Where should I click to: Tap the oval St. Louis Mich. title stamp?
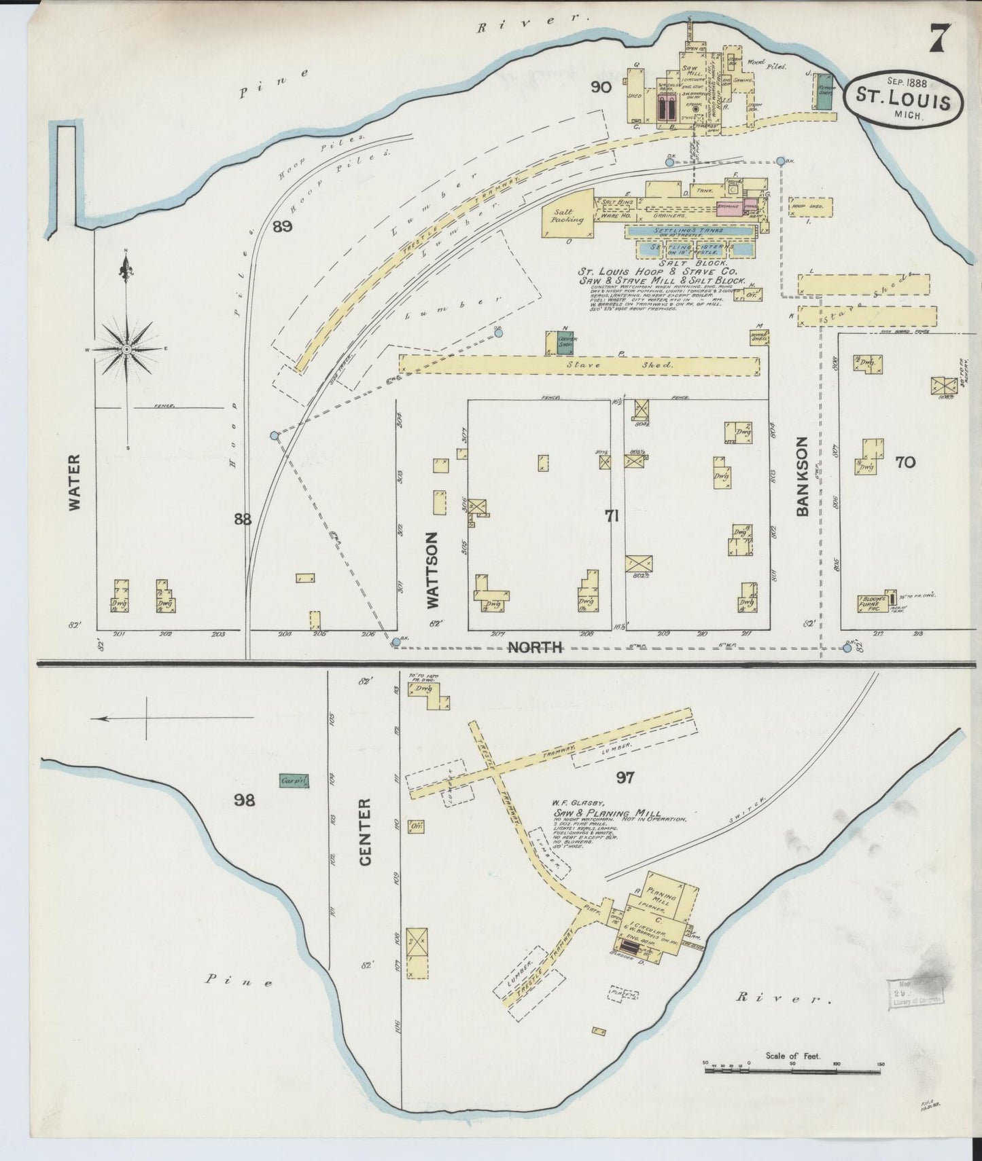(903, 97)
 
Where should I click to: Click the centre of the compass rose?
(126, 349)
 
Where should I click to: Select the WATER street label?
(73, 483)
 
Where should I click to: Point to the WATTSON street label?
(432, 570)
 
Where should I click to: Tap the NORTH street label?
(536, 647)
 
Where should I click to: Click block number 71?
(612, 517)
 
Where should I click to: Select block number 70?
(905, 462)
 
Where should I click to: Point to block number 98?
(244, 800)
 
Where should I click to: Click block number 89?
(282, 227)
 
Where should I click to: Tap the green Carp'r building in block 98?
(294, 781)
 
